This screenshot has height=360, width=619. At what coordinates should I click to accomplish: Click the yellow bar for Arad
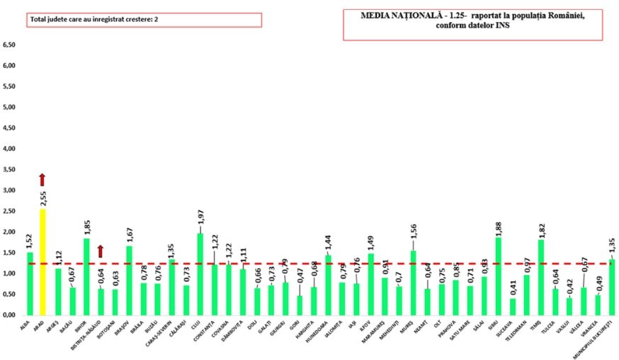44,262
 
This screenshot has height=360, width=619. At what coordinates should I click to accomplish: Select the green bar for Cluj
200,274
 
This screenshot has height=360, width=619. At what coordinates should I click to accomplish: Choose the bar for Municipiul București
612,287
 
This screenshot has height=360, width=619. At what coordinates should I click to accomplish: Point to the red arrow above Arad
42,179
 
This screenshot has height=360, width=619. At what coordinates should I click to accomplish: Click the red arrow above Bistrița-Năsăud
101,250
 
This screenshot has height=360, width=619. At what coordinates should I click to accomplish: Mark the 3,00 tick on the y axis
10,191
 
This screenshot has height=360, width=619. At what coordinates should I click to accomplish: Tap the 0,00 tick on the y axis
10,315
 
